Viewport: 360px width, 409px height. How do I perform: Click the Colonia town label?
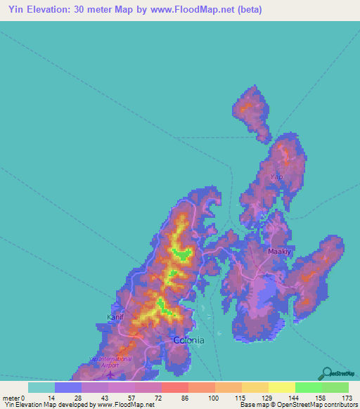pos(188,340)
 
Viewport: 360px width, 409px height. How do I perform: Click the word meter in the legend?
pos(11,398)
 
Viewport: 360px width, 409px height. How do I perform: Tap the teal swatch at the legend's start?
pos(41,387)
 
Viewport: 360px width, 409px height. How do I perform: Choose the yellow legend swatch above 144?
pos(282,387)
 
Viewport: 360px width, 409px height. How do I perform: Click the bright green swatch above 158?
pos(309,387)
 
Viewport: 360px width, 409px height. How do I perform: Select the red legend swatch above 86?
pos(175,387)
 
